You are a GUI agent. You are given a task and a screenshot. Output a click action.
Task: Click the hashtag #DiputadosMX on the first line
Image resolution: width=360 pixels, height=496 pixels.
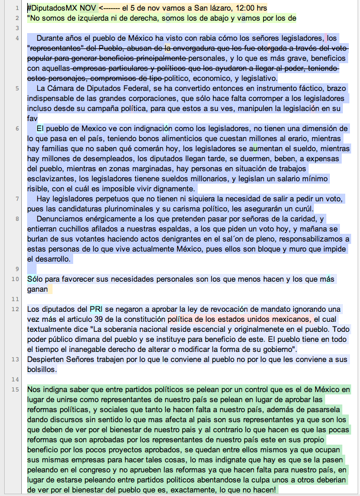(x=53, y=8)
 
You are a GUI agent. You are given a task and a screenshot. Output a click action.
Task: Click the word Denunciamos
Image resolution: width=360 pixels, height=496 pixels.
(x=62, y=218)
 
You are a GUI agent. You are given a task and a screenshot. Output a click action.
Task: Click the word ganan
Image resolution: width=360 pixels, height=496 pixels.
(x=39, y=289)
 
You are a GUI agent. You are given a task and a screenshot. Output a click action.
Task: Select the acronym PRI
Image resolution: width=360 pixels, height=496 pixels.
(x=96, y=309)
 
